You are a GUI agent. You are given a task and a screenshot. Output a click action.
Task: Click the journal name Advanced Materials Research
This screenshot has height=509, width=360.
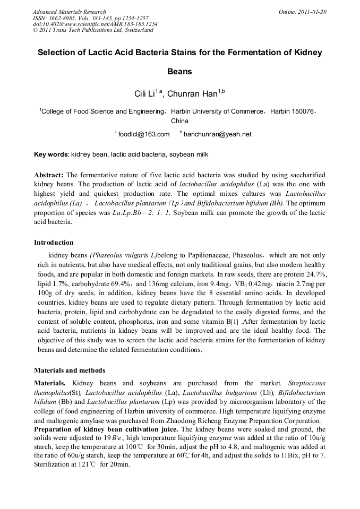pos(69,12)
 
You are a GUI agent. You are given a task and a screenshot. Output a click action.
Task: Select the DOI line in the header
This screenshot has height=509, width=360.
pos(95,24)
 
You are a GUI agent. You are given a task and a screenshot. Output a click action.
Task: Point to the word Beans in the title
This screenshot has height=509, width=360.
pos(179,71)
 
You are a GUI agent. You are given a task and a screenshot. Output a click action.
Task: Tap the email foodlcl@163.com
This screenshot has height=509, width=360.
pos(144,134)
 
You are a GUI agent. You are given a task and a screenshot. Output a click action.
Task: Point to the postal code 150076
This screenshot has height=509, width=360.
pos(304,111)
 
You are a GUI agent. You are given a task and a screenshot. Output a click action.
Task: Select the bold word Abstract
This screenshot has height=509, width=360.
pos(49,175)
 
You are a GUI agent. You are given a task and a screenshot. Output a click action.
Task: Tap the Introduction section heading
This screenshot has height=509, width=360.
pos(54,243)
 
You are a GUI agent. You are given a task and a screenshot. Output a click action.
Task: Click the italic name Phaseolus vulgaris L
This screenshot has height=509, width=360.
pos(123,255)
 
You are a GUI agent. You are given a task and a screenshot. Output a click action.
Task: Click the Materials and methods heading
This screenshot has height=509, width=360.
pos(70,370)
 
